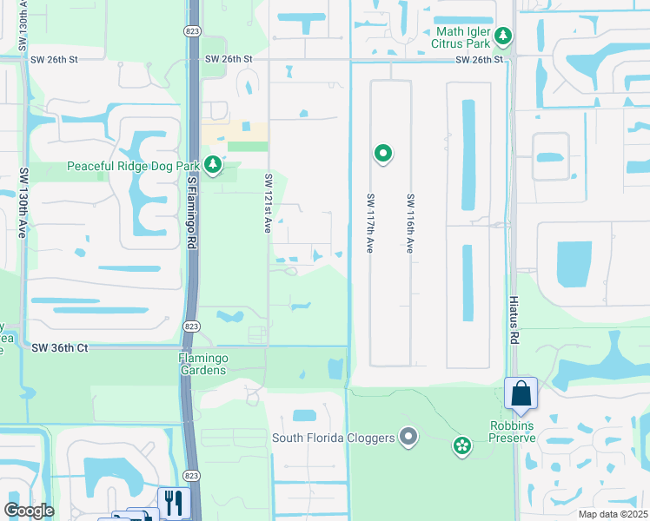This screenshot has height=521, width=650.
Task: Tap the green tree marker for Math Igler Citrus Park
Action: coord(503,36)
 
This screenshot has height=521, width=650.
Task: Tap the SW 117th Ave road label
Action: coord(369,221)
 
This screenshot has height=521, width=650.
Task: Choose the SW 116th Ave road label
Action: coord(409,223)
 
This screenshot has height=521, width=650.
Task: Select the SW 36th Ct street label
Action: coord(60,347)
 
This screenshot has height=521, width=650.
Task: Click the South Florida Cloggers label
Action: coord(334,437)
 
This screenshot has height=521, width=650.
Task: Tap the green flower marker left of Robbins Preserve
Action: coord(461,446)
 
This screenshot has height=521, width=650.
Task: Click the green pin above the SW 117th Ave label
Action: coord(382,154)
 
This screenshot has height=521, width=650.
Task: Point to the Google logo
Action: coord(29,511)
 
